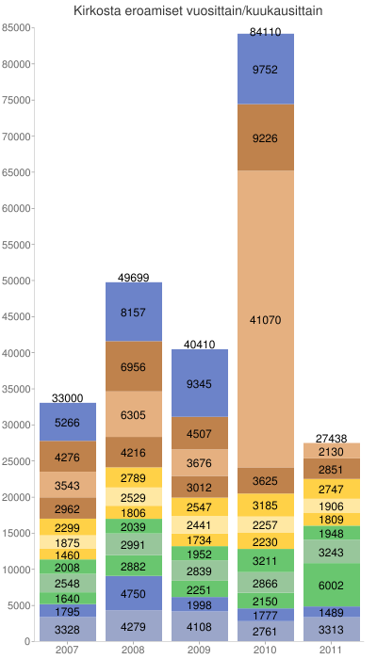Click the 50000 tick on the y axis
17,281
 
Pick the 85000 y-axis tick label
17,28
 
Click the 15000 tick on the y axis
17,534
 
